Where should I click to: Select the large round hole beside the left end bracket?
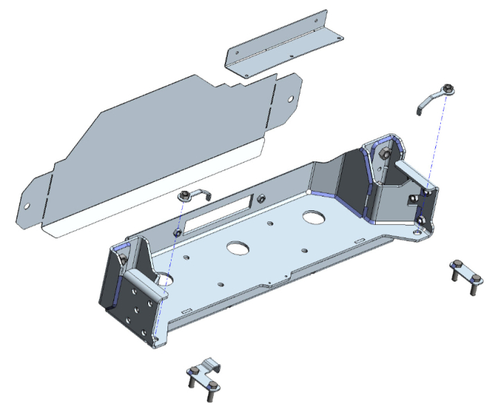point(164,279)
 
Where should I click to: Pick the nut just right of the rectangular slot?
point(262,199)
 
